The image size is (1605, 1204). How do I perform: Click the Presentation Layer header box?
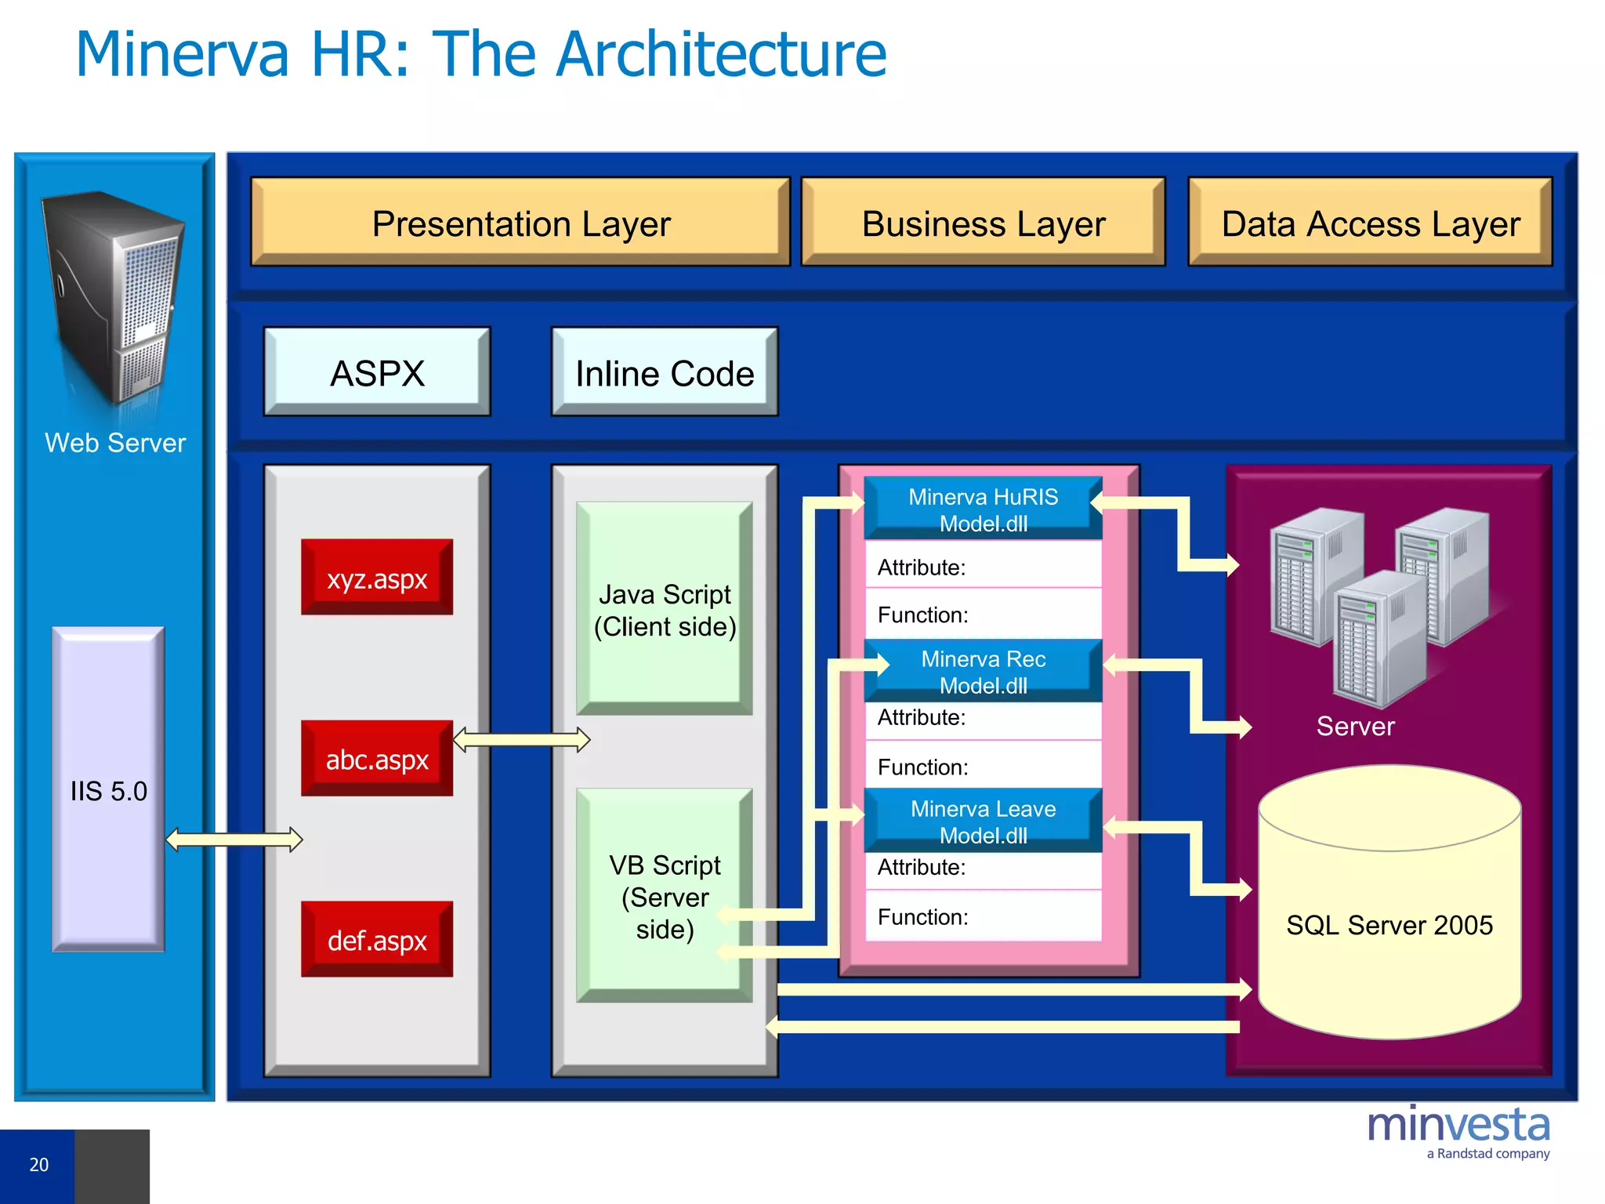tap(520, 223)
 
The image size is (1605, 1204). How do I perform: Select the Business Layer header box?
tap(983, 223)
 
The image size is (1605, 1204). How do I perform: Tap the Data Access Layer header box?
tap(1370, 223)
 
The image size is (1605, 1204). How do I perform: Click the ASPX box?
tap(377, 372)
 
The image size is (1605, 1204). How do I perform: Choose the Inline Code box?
tap(665, 372)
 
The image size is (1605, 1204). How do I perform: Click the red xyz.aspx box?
tap(377, 578)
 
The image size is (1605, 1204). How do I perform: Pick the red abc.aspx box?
tap(377, 759)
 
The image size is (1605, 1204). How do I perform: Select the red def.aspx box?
tap(377, 939)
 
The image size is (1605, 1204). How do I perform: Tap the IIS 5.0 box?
tap(109, 790)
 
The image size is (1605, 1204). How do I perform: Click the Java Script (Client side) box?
tap(665, 609)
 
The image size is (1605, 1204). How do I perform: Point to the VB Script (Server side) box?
tap(665, 896)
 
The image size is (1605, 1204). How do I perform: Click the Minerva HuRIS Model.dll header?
tap(983, 510)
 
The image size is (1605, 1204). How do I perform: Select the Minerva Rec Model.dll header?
tap(983, 672)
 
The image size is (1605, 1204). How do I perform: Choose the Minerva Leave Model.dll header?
tap(983, 821)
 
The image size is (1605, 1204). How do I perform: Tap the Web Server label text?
tap(115, 443)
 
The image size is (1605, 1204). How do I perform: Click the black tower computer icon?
tap(114, 298)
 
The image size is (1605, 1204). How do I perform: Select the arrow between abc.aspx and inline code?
tap(521, 739)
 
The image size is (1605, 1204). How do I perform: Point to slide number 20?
tap(38, 1165)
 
